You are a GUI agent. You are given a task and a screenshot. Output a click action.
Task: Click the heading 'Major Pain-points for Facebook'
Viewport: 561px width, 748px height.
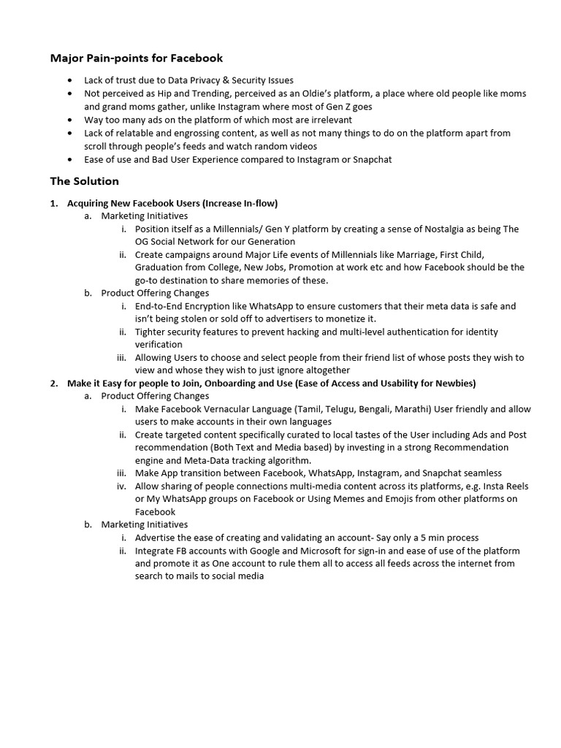pos(136,58)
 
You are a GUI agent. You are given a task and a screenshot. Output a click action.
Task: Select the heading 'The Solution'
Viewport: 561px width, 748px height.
pos(84,181)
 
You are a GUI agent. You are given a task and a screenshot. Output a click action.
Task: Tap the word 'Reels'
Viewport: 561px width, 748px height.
pos(514,486)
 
